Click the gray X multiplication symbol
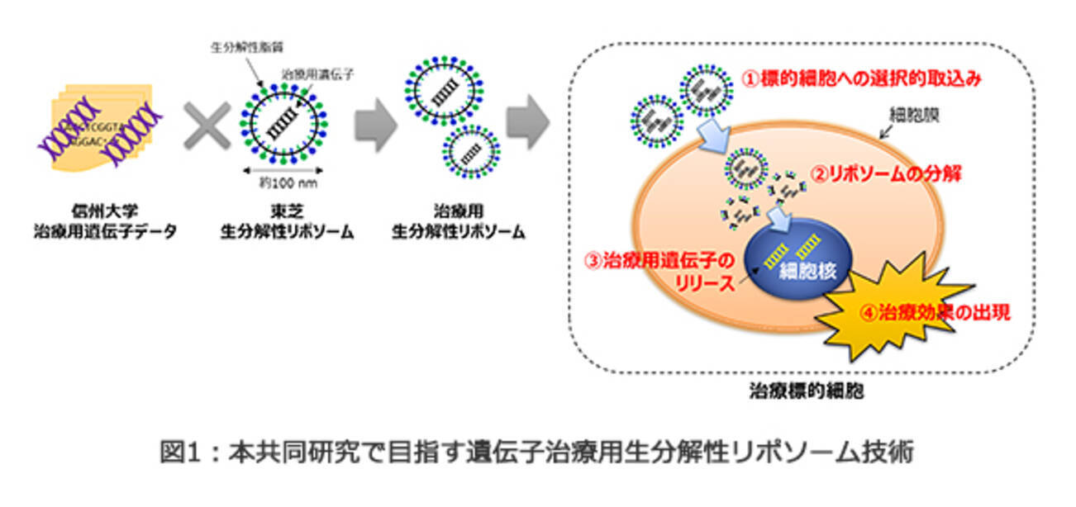207,130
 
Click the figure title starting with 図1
537,452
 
